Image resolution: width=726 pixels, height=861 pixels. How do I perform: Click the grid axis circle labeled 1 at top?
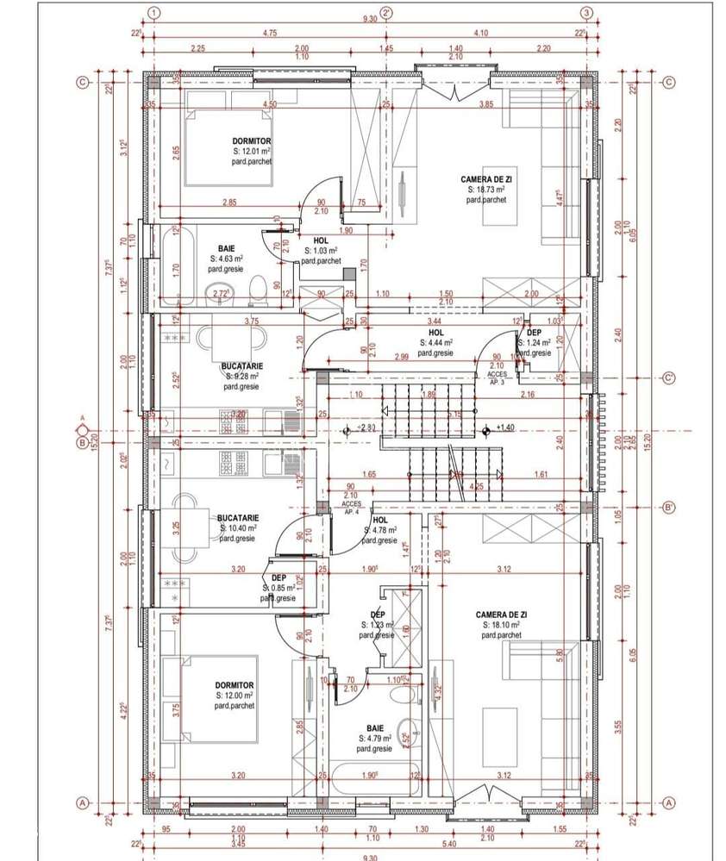pyautogui.click(x=153, y=13)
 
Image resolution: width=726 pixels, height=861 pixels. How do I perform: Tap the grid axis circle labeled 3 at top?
pyautogui.click(x=586, y=13)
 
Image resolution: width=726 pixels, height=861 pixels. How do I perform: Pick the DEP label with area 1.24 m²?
pyautogui.click(x=534, y=332)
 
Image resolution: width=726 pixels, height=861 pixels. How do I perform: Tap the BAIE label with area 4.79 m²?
pyautogui.click(x=375, y=728)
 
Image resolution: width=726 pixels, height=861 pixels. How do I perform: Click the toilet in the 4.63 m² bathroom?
pyautogui.click(x=256, y=290)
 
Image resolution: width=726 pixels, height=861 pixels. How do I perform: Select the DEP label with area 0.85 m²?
pyautogui.click(x=278, y=578)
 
